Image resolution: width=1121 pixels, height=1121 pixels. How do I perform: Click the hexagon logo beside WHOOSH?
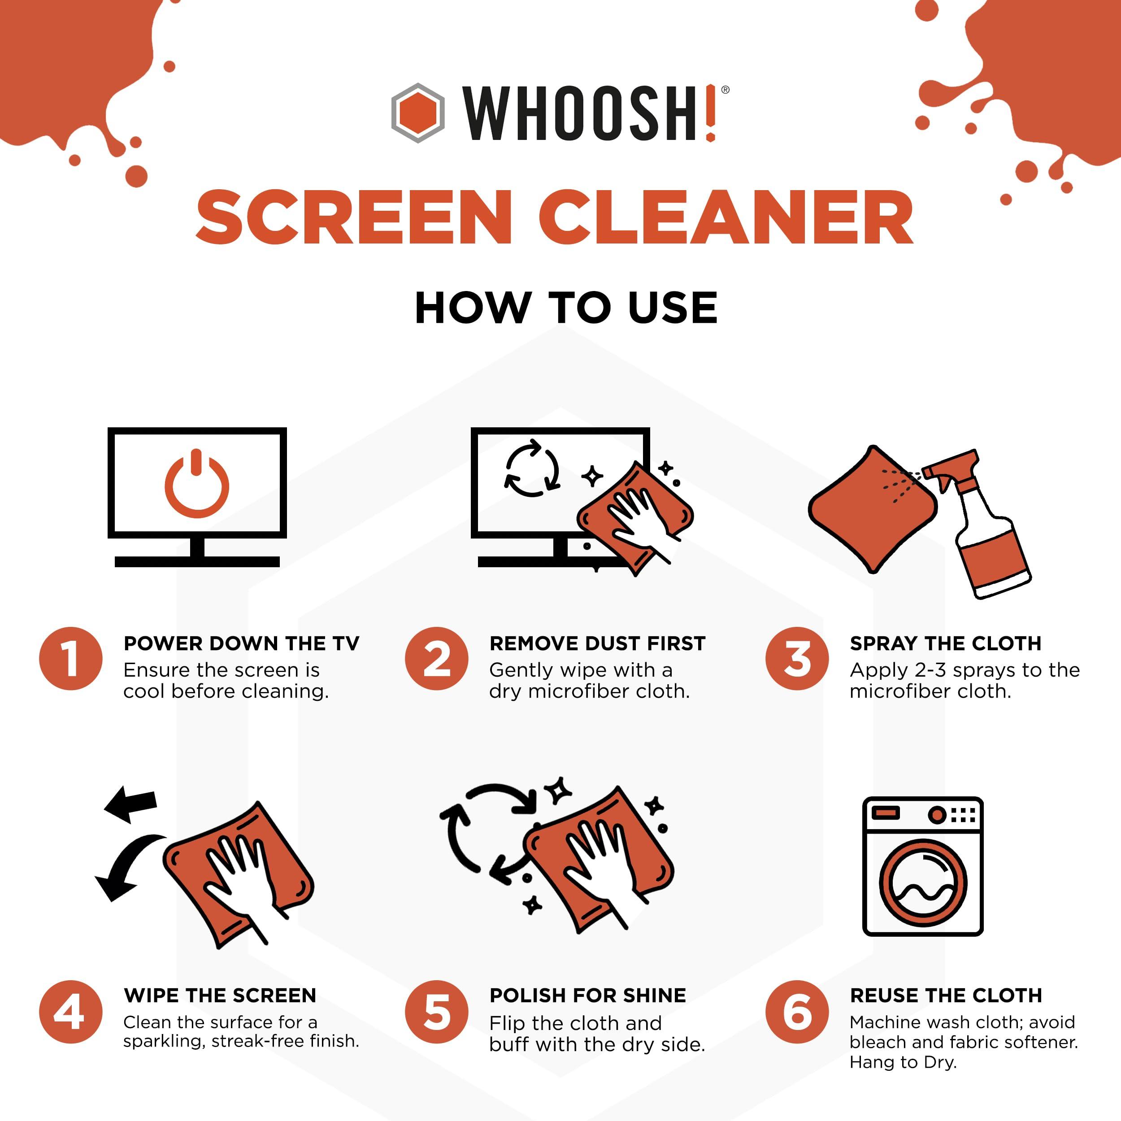(x=418, y=113)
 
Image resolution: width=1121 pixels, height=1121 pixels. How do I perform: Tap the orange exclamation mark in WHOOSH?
(x=710, y=113)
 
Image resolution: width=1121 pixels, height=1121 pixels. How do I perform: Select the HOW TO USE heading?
(x=566, y=308)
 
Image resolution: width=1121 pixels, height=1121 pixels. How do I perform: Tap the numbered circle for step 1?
(x=71, y=659)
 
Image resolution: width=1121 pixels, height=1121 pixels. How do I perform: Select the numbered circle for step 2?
(x=436, y=659)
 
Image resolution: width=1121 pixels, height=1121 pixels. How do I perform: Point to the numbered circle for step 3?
(x=797, y=659)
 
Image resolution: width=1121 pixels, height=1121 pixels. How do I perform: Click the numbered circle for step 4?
(x=71, y=1012)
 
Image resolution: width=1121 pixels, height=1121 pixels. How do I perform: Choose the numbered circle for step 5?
(x=436, y=1012)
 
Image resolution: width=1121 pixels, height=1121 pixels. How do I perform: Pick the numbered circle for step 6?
(x=797, y=1012)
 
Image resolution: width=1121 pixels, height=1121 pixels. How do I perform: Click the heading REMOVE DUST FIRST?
(x=597, y=643)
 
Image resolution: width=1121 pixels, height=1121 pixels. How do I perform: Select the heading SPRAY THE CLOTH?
(x=945, y=643)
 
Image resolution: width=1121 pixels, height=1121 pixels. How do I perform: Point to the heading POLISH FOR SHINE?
(x=587, y=995)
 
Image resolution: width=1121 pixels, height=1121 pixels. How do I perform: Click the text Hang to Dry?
(x=902, y=1062)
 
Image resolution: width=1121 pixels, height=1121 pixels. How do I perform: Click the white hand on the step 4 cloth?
(x=241, y=876)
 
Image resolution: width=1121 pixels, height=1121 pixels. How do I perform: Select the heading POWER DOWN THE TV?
(x=241, y=643)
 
